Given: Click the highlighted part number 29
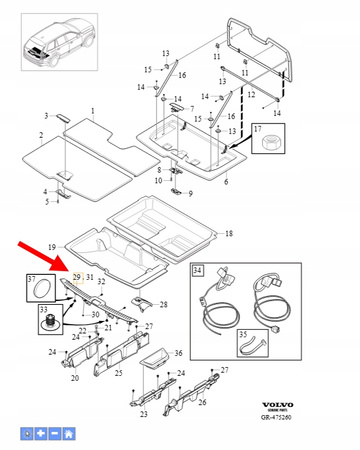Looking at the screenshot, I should (x=75, y=276).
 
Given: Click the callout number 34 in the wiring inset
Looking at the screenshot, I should (x=198, y=269).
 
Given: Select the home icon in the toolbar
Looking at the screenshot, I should (x=69, y=433).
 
